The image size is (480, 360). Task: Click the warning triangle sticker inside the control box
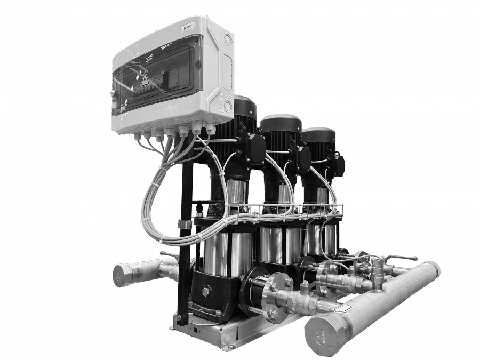click(x=143, y=80)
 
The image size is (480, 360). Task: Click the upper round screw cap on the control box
click(x=228, y=40)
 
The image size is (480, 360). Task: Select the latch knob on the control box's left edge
click(x=113, y=94)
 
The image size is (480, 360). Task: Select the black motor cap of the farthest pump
click(x=318, y=137)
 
